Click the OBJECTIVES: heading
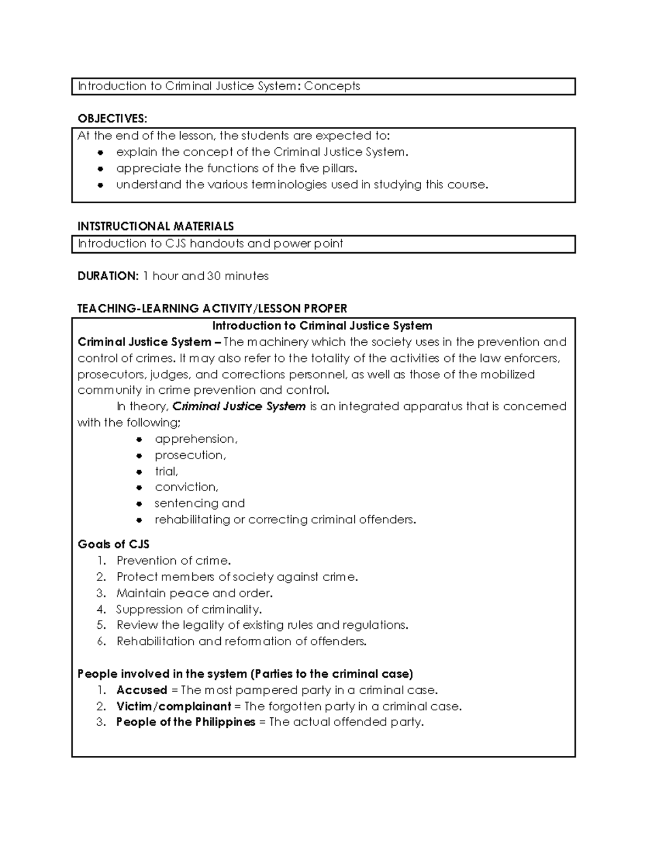(x=112, y=119)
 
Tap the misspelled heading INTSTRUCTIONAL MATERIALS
(x=155, y=226)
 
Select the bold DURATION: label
(x=108, y=276)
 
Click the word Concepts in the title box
(x=332, y=86)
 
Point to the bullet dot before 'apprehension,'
(x=140, y=439)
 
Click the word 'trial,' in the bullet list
(x=166, y=471)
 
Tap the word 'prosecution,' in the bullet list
(x=190, y=455)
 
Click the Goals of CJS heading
(x=114, y=544)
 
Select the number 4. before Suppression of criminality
(x=100, y=609)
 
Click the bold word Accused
(x=142, y=690)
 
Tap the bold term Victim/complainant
(x=174, y=706)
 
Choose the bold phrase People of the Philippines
(x=186, y=722)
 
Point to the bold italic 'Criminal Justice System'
(x=239, y=406)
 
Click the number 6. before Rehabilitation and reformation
(x=100, y=642)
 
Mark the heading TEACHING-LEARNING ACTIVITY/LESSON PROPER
(x=212, y=309)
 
